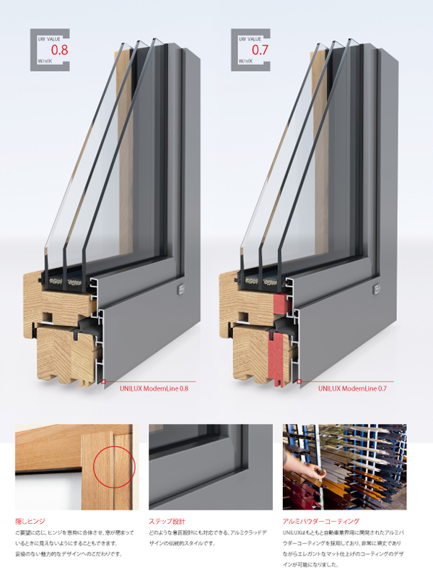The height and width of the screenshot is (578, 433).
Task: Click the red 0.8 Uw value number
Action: click(60, 49)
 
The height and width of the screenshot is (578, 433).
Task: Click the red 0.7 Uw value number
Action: click(260, 49)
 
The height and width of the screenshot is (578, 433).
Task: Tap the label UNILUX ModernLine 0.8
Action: click(154, 389)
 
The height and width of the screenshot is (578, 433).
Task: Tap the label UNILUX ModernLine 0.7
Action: click(352, 389)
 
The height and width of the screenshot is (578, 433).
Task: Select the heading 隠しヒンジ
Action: click(30, 521)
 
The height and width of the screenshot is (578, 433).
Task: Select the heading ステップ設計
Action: click(167, 521)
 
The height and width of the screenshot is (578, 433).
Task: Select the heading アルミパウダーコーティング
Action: click(320, 521)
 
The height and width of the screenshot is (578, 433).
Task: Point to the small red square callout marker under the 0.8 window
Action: click(103, 382)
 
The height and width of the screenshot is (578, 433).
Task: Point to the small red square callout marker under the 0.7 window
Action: click(299, 382)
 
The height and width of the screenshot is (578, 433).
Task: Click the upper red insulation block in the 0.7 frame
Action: click(283, 305)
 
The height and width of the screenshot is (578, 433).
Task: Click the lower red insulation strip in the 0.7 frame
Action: click(277, 357)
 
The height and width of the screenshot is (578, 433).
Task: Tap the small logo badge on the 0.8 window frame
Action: click(180, 290)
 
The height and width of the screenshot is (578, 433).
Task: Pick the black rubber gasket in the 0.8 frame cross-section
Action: click(87, 327)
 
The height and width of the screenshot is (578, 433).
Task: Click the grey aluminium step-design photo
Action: click(211, 467)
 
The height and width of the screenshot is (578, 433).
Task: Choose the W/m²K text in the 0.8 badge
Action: click(45, 61)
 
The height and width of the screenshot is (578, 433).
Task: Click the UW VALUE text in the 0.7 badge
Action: click(250, 39)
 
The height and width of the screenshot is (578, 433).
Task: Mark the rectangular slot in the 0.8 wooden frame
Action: click(48, 316)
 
